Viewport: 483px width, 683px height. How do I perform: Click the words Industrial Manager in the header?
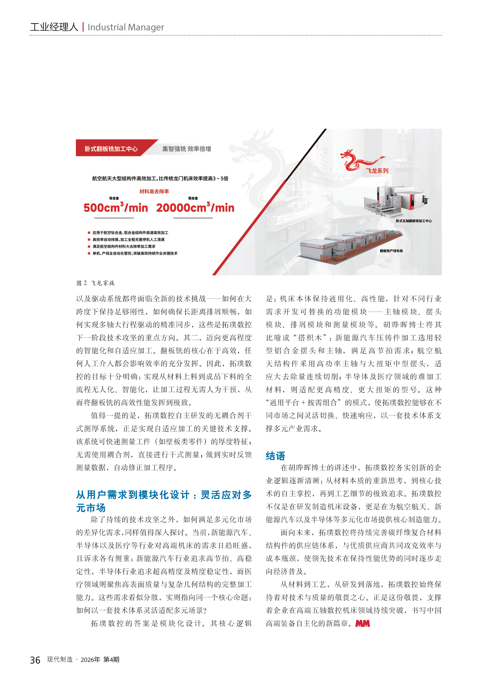click(126, 27)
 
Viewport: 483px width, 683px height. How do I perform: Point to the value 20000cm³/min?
click(195, 208)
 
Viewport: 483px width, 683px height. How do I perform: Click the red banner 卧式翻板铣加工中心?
click(111, 149)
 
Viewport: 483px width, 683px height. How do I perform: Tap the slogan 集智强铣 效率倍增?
click(187, 149)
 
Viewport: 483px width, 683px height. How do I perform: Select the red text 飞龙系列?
click(377, 171)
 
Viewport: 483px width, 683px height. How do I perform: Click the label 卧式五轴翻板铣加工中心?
click(414, 221)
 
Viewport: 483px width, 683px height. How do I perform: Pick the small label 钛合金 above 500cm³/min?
click(114, 198)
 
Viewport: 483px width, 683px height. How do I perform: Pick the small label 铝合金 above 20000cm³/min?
click(193, 198)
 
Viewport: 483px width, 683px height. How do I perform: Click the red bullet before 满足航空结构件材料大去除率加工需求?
click(89, 246)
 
